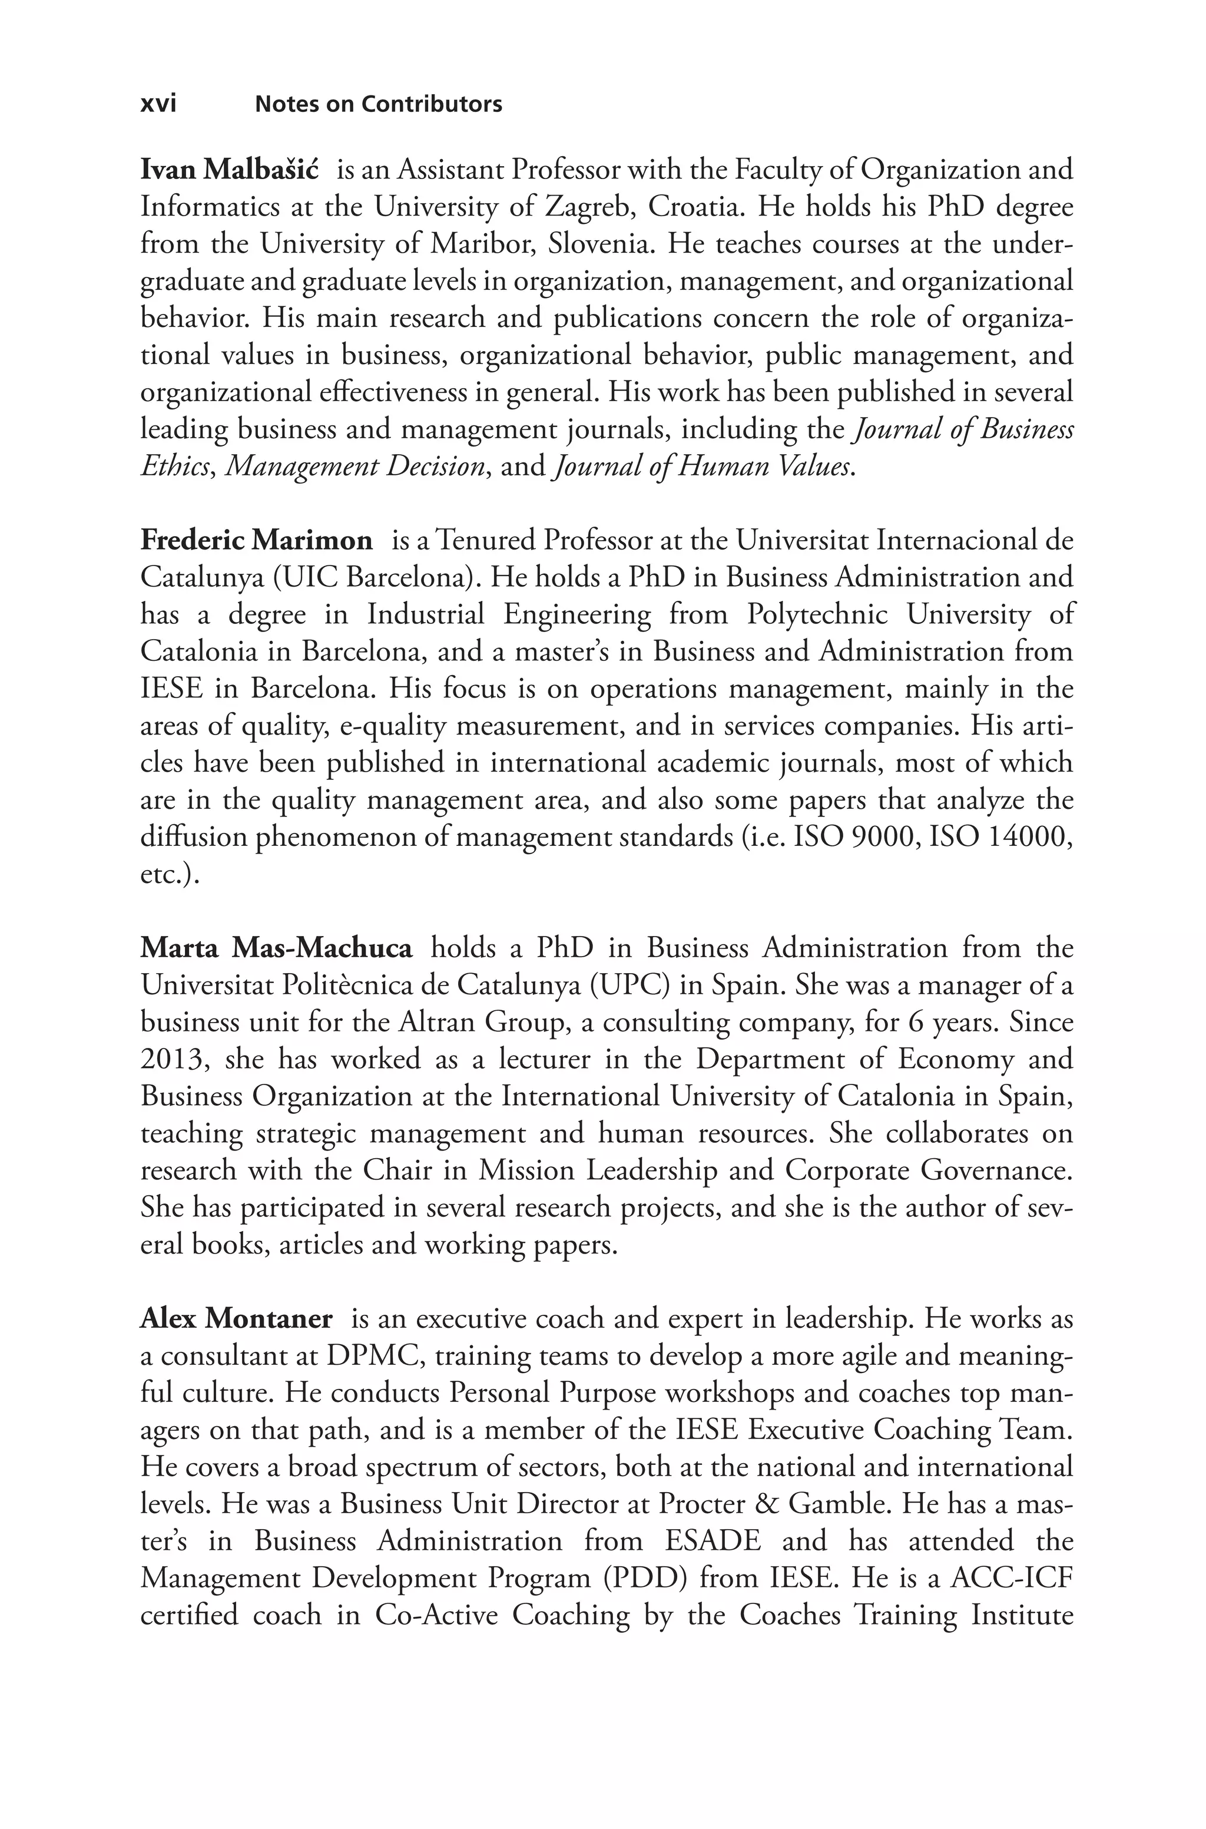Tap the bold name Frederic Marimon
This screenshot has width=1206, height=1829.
pos(256,541)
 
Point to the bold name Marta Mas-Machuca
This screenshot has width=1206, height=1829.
pos(276,948)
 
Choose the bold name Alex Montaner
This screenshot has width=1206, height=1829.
pos(236,1318)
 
